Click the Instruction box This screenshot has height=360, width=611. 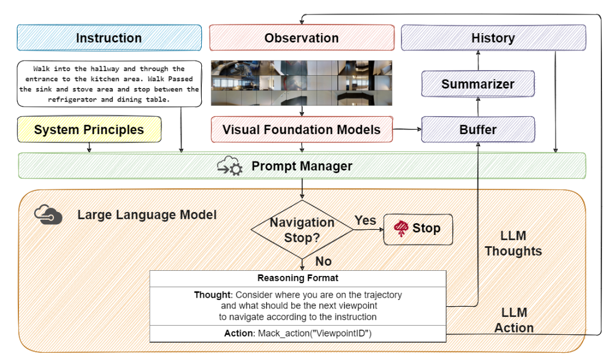(x=109, y=38)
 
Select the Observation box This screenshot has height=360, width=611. (x=302, y=38)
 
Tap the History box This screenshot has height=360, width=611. (x=493, y=38)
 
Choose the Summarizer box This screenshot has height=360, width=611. (x=478, y=84)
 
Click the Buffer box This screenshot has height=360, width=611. (x=478, y=130)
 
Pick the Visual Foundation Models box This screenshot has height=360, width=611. (x=302, y=130)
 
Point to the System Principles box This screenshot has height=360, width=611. (x=89, y=130)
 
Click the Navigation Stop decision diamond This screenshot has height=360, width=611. (x=302, y=229)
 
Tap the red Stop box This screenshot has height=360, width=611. (x=418, y=229)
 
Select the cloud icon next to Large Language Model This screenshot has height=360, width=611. (x=47, y=214)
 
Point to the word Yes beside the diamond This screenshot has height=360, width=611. (x=365, y=220)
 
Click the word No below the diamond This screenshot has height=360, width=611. (x=323, y=261)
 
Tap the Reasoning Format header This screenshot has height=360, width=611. (x=298, y=278)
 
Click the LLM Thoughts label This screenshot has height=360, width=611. (x=513, y=243)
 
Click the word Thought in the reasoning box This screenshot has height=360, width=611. (x=212, y=294)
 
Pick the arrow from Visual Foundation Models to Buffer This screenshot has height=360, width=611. (x=407, y=130)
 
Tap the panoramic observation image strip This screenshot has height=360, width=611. (x=302, y=83)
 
